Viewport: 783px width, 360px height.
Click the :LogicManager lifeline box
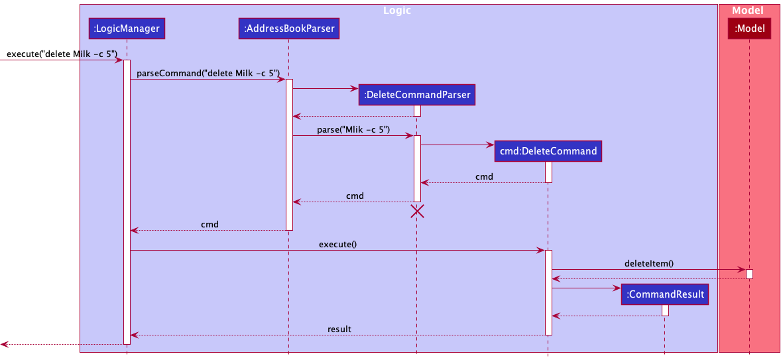point(126,29)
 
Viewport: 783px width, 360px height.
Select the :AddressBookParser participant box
point(288,29)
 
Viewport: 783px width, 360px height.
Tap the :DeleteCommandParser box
point(417,95)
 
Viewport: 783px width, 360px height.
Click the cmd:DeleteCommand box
point(548,151)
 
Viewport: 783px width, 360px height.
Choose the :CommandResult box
point(665,294)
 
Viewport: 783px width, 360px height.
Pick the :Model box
point(749,29)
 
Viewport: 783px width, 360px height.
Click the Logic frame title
point(397,11)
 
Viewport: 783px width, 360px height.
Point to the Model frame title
point(748,11)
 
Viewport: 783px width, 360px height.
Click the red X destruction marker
point(417,211)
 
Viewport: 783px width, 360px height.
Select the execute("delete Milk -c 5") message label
point(62,54)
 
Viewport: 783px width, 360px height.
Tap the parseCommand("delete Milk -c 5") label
point(208,73)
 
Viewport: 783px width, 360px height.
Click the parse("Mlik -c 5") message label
point(353,129)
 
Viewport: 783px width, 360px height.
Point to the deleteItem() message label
point(648,263)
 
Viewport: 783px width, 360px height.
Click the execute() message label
point(337,244)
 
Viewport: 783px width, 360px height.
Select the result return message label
point(339,329)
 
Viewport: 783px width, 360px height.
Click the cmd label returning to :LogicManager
point(210,224)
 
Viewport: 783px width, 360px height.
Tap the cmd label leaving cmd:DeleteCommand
point(484,176)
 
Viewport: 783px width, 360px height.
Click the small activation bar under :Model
point(749,274)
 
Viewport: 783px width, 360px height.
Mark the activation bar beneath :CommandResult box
point(665,310)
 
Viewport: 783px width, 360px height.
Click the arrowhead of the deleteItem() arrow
point(742,270)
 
